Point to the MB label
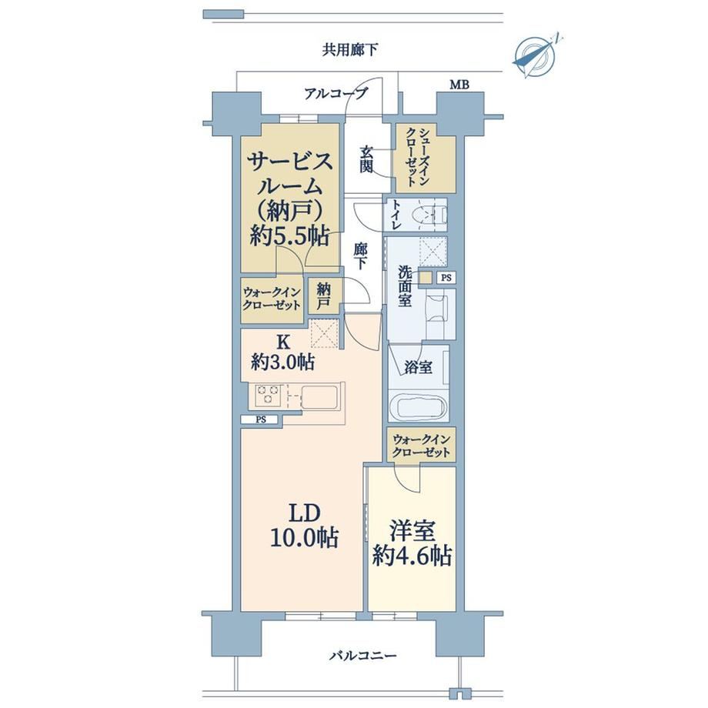coord(459,85)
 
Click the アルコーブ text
coord(336,94)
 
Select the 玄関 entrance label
coord(366,159)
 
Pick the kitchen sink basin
coord(319,397)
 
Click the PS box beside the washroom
coord(446,278)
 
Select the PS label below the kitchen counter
coord(261,419)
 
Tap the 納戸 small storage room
coord(323,296)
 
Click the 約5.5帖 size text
coord(289,235)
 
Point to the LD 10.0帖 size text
coord(304,526)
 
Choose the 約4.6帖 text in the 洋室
coord(412,556)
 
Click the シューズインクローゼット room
coord(425,158)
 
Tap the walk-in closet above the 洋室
coord(421,446)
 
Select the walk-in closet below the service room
coord(272,299)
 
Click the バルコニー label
coord(362,656)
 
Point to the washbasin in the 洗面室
coord(436,308)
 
